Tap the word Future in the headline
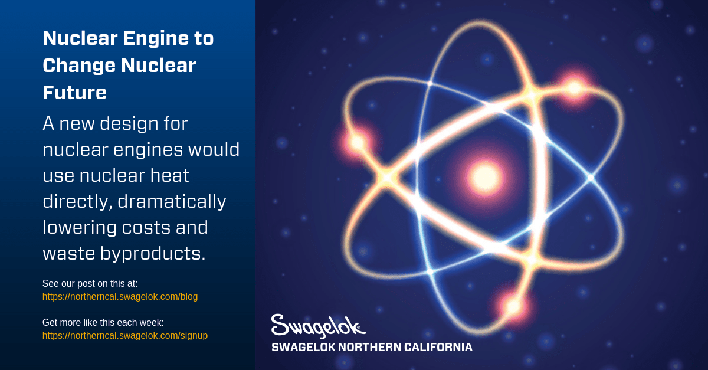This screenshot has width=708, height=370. [x=74, y=93]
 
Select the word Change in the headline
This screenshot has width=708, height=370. [x=78, y=66]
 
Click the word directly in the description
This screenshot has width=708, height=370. [x=74, y=202]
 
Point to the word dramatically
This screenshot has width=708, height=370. [x=172, y=202]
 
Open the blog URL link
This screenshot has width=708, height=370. [x=120, y=297]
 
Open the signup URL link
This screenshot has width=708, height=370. [x=124, y=336]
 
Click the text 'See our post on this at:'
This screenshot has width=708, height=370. [x=90, y=284]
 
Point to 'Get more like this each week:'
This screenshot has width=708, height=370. [x=103, y=323]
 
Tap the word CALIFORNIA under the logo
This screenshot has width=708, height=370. [x=438, y=348]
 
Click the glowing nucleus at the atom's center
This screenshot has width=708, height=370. [x=484, y=176]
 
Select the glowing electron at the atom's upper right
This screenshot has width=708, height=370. [x=573, y=89]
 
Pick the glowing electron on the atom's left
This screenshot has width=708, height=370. [x=356, y=142]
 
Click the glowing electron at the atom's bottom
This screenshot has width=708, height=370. [x=512, y=306]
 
